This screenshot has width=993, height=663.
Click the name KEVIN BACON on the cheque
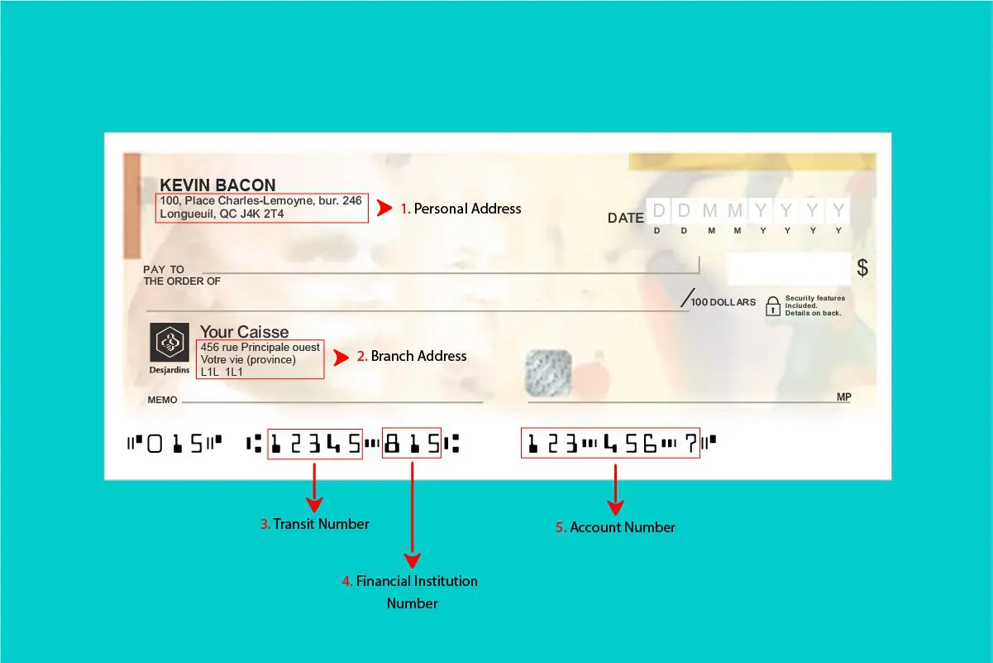click(x=217, y=185)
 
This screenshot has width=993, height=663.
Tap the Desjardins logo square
click(x=169, y=342)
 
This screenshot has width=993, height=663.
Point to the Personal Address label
click(x=467, y=209)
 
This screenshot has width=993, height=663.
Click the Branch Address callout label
click(x=418, y=356)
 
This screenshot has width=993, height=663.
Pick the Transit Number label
click(x=321, y=523)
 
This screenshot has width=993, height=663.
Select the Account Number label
click(x=622, y=527)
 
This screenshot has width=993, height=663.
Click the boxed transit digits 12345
click(x=315, y=444)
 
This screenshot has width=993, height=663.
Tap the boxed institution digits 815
click(x=412, y=444)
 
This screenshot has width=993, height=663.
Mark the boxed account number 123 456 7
click(x=610, y=444)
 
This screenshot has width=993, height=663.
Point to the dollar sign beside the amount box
click(x=862, y=268)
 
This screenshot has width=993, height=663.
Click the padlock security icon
click(x=773, y=305)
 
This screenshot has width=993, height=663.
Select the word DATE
click(x=626, y=219)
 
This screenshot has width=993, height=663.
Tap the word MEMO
click(x=162, y=400)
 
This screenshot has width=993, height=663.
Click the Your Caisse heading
click(x=245, y=332)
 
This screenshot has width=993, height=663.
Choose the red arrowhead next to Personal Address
click(x=384, y=209)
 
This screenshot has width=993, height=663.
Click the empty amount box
click(x=788, y=269)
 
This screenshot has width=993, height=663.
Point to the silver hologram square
click(x=549, y=372)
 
